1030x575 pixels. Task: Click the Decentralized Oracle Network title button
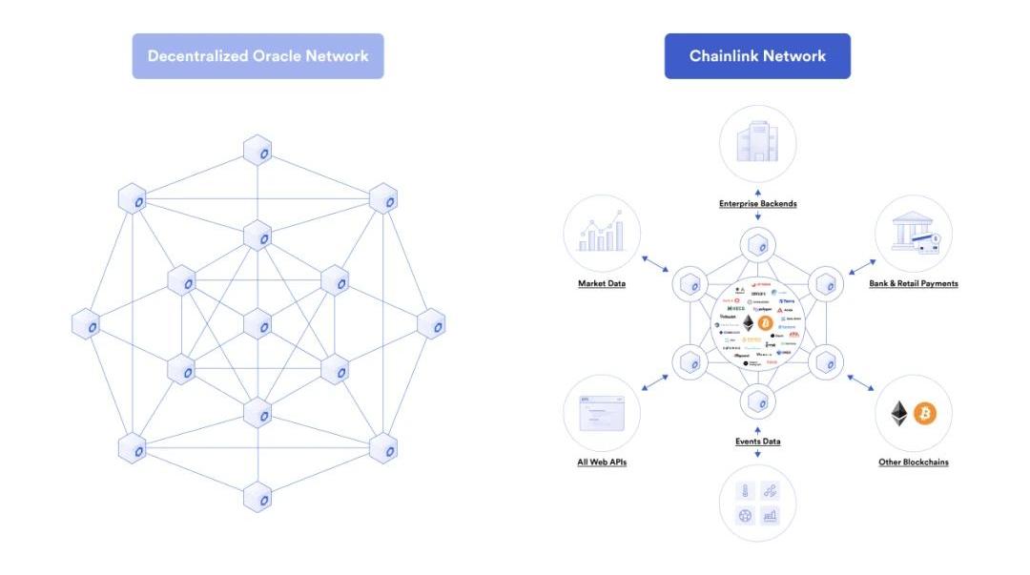tap(257, 56)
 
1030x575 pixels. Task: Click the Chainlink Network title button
tap(757, 56)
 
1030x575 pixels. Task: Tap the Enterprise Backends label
tap(757, 204)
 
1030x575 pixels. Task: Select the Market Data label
tap(602, 283)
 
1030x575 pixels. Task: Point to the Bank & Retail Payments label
tap(913, 283)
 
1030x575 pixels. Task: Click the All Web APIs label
tap(602, 462)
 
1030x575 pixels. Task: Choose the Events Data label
tap(757, 442)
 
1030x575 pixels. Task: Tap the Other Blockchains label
tap(913, 462)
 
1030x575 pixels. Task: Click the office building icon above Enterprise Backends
tap(757, 144)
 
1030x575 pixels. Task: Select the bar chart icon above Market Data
tap(602, 234)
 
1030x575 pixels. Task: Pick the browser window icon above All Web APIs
tap(602, 413)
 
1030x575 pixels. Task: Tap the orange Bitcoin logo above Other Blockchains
tap(925, 413)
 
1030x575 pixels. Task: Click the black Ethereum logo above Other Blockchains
tap(899, 413)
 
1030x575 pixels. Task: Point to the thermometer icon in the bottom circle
tap(745, 490)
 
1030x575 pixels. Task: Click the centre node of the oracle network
tap(257, 324)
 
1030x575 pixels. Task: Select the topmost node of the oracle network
tap(257, 151)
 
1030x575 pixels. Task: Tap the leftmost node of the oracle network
tap(87, 324)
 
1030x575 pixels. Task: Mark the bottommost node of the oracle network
tap(257, 496)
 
